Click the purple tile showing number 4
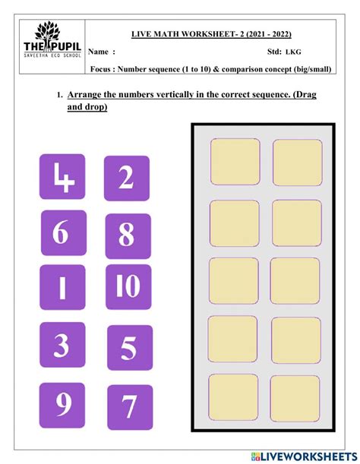coord(62,177)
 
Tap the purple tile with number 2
coord(127,178)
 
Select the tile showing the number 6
coord(64,233)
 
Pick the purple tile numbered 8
coord(128,236)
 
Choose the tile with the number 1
coord(62,287)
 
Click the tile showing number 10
coord(128,287)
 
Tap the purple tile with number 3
coord(62,345)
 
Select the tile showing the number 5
coord(130,348)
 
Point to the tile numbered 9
coord(62,405)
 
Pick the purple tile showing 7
coord(130,407)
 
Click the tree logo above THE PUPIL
coord(48,31)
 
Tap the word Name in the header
coord(98,52)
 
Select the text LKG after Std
coord(293,52)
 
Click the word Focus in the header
coord(100,69)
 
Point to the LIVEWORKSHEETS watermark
coord(304,456)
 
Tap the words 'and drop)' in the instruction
coord(87,106)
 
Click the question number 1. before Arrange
coord(60,95)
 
